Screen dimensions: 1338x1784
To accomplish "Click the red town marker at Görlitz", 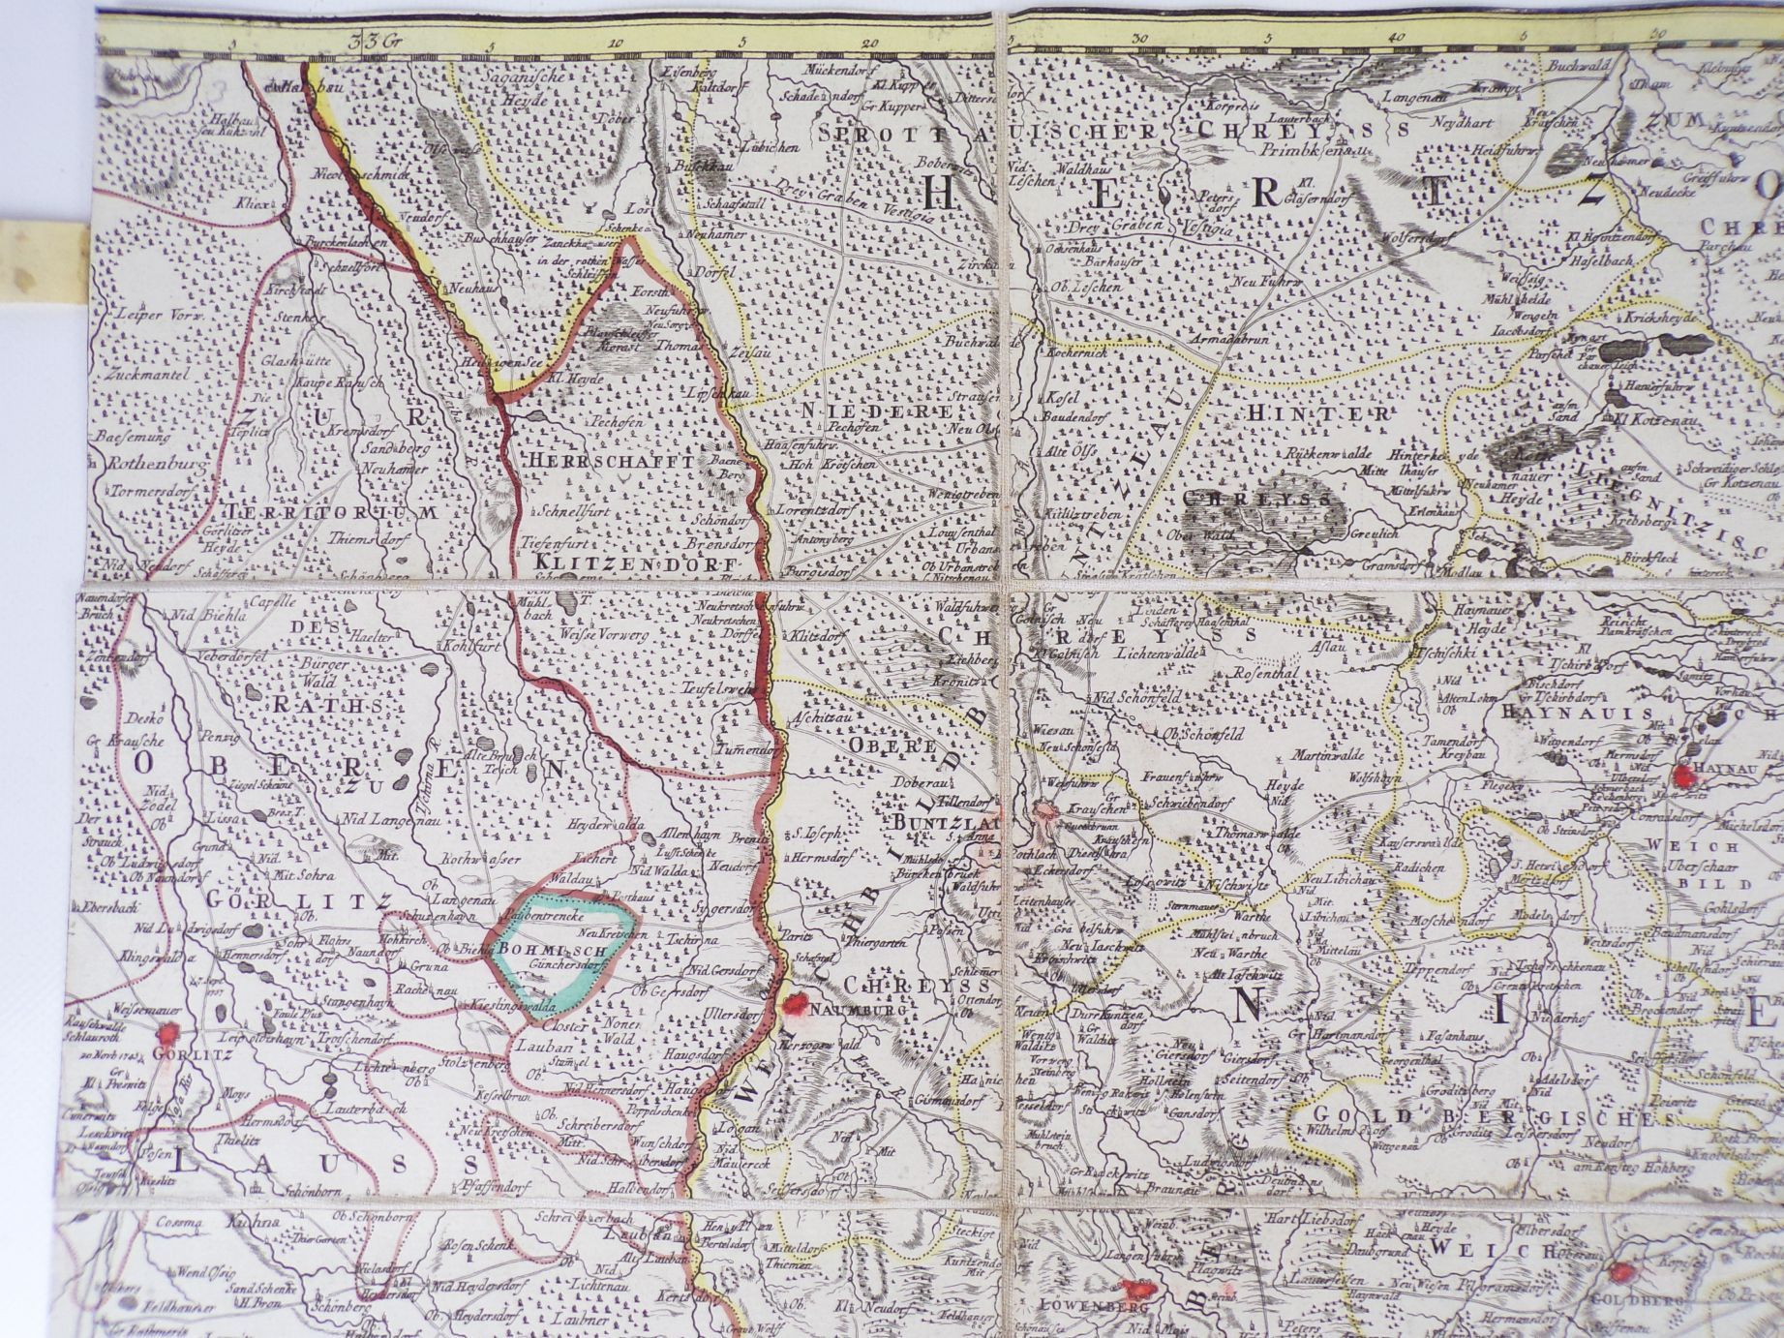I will click(170, 1034).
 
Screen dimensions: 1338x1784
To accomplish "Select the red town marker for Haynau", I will click(1685, 775).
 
